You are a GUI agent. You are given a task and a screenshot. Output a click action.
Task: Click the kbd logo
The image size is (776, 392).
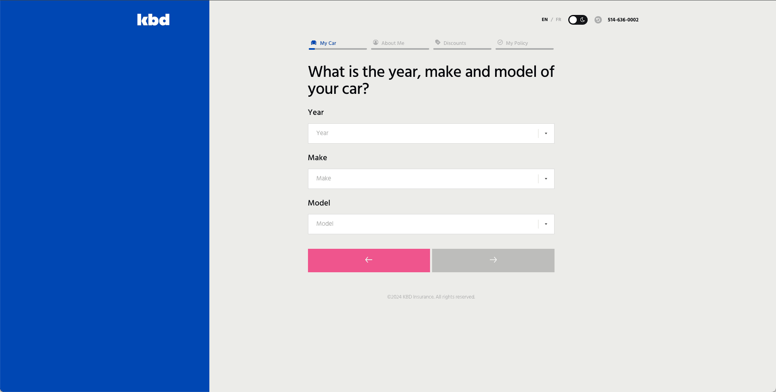(x=153, y=20)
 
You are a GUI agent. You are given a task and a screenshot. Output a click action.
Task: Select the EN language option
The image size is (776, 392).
(x=544, y=20)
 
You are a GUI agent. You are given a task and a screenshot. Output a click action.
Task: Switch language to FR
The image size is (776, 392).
(x=559, y=20)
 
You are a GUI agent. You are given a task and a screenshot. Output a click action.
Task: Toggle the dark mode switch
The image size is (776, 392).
(x=578, y=20)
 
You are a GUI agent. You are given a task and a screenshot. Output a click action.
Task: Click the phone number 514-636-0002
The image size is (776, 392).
(x=623, y=20)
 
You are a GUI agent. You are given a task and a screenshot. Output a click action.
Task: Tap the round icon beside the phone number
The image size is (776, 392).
(x=598, y=20)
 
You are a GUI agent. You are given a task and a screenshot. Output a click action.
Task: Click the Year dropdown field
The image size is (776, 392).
(x=431, y=133)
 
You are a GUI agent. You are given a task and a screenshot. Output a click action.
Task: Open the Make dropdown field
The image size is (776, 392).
(x=431, y=179)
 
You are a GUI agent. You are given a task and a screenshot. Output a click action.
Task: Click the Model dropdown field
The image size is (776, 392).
(x=431, y=224)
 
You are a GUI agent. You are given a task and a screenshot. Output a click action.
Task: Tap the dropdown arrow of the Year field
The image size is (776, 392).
(x=546, y=133)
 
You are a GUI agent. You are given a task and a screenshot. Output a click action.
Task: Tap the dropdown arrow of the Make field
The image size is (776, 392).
(x=546, y=179)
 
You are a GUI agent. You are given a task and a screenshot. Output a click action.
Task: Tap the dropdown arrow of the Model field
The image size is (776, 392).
(x=546, y=224)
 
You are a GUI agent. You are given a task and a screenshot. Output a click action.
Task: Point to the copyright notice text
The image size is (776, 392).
(x=431, y=297)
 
